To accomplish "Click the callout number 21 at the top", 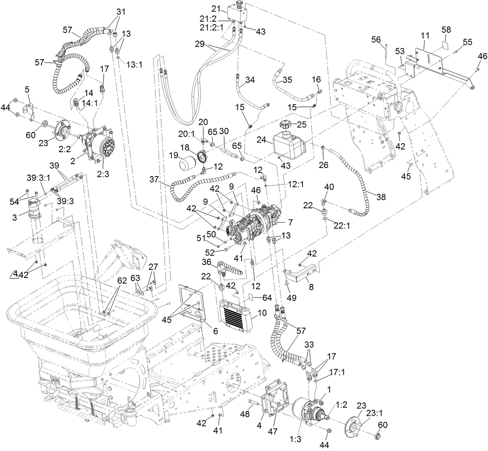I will (x=216, y=9).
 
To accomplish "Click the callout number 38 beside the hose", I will (x=381, y=197).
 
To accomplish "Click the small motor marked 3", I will (x=35, y=209).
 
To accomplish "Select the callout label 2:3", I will (x=103, y=174).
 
